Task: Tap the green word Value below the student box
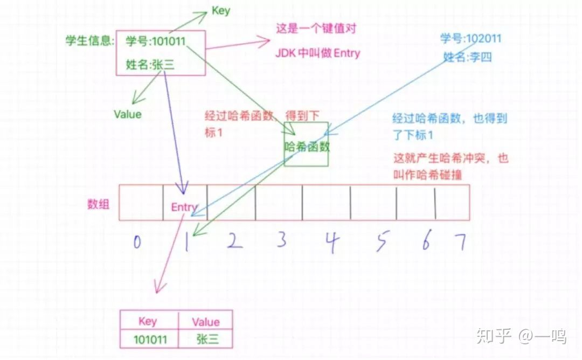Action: coord(128,114)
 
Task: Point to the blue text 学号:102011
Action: coord(470,39)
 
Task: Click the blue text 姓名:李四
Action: coord(468,57)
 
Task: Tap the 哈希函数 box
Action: coord(306,144)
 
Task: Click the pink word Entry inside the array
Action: coord(184,207)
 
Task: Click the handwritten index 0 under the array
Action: coord(137,243)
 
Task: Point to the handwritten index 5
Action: coord(382,243)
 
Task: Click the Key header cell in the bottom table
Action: coord(148,321)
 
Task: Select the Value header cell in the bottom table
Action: coord(205,322)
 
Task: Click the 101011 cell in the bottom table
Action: coord(149,339)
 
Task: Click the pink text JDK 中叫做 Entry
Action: coord(317,53)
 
